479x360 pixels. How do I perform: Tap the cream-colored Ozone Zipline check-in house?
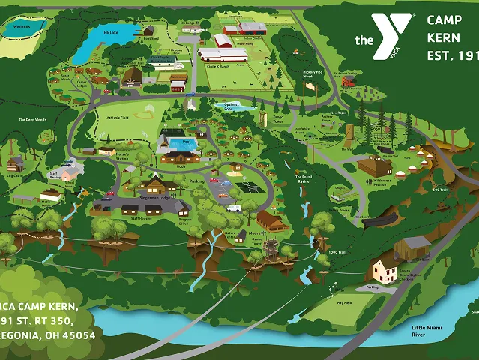(x=385, y=270)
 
